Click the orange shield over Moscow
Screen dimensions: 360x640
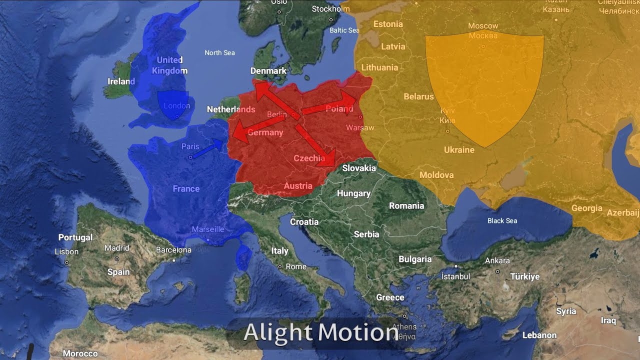[x=484, y=85]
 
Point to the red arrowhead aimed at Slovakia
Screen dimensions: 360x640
[x=329, y=157]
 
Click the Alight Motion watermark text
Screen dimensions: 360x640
[x=320, y=332]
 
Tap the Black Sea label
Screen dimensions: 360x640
[x=502, y=220]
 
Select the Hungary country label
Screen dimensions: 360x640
[x=353, y=193]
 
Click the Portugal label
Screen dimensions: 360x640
[x=75, y=237]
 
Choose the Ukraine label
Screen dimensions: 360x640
[x=459, y=150]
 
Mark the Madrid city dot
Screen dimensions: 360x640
[x=117, y=259]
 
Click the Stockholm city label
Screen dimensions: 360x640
[x=330, y=9]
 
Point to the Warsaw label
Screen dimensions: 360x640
[x=360, y=128]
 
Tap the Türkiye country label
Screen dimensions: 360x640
[x=525, y=276]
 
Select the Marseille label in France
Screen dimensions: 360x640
[x=208, y=229]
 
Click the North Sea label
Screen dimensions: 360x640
[x=219, y=52]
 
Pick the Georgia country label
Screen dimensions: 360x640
[x=587, y=208]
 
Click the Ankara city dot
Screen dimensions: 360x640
[x=497, y=271]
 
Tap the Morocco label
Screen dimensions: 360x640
[x=80, y=353]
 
